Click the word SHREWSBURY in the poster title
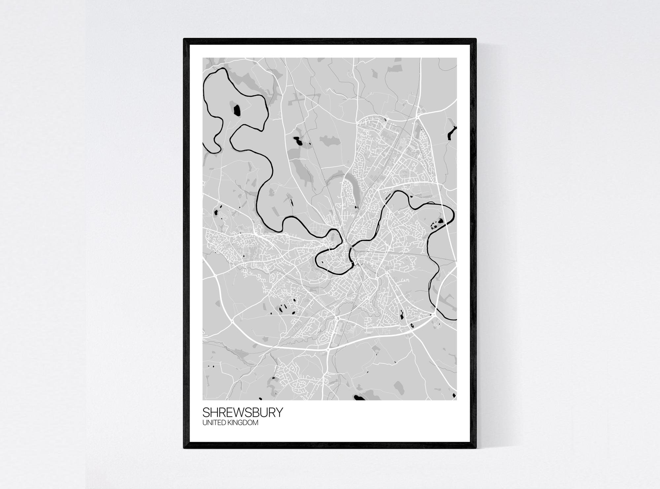coord(243,413)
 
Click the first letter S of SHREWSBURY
coord(206,413)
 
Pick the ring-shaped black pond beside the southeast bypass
coord(412,326)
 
